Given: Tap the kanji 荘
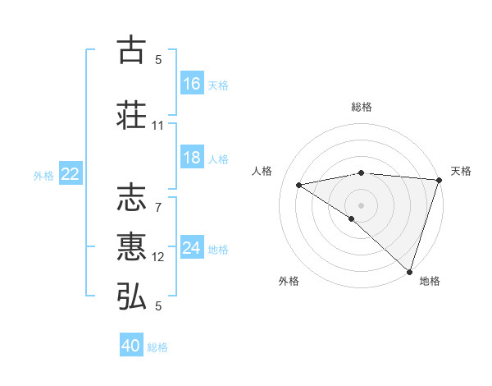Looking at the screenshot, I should pyautogui.click(x=132, y=114).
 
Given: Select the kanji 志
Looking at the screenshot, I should pyautogui.click(x=132, y=198).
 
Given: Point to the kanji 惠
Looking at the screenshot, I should pyautogui.click(x=132, y=247).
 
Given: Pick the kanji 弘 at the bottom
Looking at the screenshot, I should pyautogui.click(x=132, y=296).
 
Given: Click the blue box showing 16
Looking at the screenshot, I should pyautogui.click(x=192, y=84).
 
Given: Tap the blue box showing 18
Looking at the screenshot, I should pyautogui.click(x=192, y=158).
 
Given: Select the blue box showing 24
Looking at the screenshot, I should pyautogui.click(x=192, y=248).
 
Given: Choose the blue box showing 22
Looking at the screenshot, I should pyautogui.click(x=71, y=174).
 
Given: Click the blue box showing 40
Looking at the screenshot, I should pyautogui.click(x=131, y=346).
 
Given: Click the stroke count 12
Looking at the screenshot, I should pyautogui.click(x=158, y=257).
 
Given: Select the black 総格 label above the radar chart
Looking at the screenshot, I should pyautogui.click(x=362, y=107).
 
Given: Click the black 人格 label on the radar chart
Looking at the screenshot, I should pyautogui.click(x=262, y=171).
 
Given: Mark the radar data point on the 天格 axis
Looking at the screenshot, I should pyautogui.click(x=440, y=180).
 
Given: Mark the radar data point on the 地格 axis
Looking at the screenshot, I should pyautogui.click(x=409, y=270).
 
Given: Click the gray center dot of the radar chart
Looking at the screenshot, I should pyautogui.click(x=361, y=204).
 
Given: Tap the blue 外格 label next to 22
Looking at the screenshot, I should pyautogui.click(x=43, y=175).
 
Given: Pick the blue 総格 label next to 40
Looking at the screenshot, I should pyautogui.click(x=157, y=347).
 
